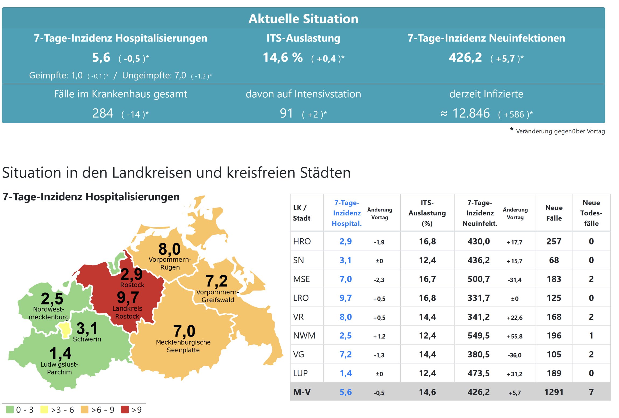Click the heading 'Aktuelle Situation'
303,19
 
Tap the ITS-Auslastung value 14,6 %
283,58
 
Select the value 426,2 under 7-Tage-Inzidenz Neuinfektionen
465,58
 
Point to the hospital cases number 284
103,114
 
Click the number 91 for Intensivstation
286,114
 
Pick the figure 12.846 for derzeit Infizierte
471,114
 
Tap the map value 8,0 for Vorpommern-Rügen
169,249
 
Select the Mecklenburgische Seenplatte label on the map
183,346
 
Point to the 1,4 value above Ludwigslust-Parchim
61,353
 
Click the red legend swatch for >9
125,410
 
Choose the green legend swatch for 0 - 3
10,410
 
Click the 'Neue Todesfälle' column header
591,213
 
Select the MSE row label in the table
301,279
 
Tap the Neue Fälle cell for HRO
554,242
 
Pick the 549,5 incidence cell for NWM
478,336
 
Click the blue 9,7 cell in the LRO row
346,298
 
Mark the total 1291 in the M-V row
554,392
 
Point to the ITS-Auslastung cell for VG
427,355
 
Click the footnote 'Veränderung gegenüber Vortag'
560,131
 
